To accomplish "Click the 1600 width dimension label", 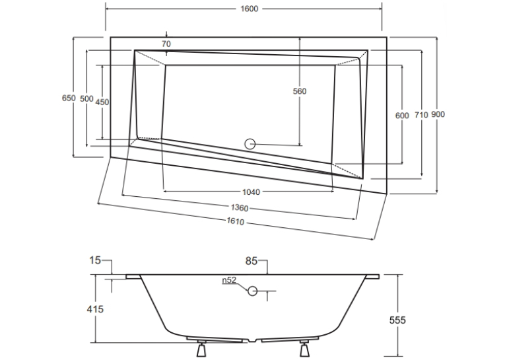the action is pos(250,9).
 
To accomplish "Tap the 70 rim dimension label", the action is pos(166,44).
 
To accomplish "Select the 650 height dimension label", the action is pos(69,98).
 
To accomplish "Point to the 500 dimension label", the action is pos(86,99).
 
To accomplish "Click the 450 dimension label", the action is pos(102,102).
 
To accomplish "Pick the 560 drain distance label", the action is pos(300,91).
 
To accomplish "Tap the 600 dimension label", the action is pos(402,116).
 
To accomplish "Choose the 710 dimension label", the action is pos(421,115).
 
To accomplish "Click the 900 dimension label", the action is pos(438,114).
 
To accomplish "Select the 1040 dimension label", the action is pos(251,192).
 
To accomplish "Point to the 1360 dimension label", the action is pos(240,208).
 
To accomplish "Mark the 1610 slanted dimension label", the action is pos(236,221).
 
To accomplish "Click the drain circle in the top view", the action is pos(250,144).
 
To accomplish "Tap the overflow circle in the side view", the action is pos(252,291).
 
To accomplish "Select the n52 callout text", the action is pos(229,280).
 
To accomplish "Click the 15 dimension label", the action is pos(95,260).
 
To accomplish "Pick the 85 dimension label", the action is pos(252,261).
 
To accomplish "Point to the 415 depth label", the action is pos(95,309).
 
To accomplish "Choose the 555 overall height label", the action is pos(397,320).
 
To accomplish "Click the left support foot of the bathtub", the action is pos(201,348).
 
